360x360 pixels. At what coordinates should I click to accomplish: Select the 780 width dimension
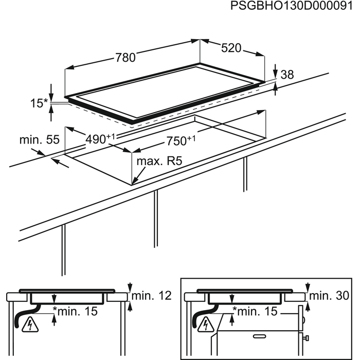tap(125, 58)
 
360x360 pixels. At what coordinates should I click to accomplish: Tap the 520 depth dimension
tap(231, 48)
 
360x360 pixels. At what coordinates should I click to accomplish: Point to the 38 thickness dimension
tap(287, 75)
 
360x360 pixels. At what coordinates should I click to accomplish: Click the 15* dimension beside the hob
tap(38, 103)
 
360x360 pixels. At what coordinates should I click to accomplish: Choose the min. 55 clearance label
tap(39, 139)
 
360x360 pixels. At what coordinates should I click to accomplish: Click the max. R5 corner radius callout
tap(159, 161)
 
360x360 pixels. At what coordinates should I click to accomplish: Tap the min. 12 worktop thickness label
tap(151, 296)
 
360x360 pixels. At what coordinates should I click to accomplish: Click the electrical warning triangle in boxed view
tap(206, 325)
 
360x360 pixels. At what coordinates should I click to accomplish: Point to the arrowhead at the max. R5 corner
tap(133, 182)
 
